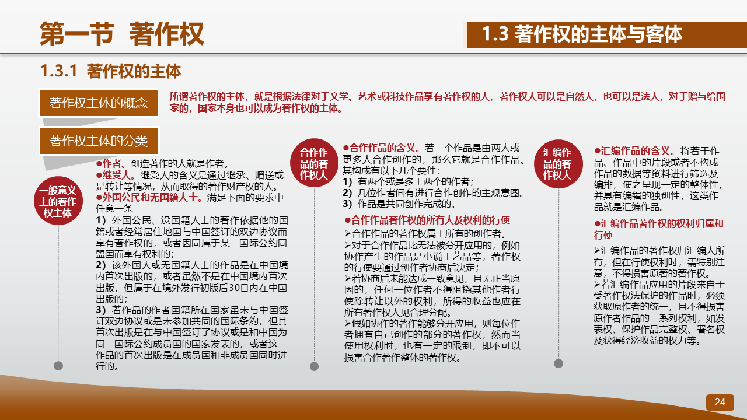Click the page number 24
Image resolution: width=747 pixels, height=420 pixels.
tap(720, 402)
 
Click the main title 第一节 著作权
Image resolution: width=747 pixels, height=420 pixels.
tap(122, 33)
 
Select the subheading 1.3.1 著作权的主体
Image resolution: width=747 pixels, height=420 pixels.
tap(110, 71)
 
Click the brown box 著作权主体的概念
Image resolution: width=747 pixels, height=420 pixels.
tap(99, 103)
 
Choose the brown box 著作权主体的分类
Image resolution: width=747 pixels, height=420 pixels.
tap(99, 141)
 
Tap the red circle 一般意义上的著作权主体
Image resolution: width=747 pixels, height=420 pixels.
tap(58, 201)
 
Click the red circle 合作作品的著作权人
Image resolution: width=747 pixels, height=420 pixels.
tap(314, 163)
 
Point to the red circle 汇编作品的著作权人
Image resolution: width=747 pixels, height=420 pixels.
tap(558, 164)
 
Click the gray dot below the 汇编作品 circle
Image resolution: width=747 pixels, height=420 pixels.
tap(558, 363)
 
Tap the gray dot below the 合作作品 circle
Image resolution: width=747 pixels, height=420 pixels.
tap(314, 366)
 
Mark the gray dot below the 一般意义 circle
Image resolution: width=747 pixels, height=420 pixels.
tap(58, 366)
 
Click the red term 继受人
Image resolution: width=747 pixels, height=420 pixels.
tap(116, 175)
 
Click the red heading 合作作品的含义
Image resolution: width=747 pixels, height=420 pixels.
tap(382, 148)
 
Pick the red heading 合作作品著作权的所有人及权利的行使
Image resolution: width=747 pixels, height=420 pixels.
tap(431, 220)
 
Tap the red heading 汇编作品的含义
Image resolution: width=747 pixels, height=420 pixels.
tap(636, 150)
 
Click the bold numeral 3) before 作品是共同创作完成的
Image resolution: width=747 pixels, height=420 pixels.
tap(347, 204)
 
